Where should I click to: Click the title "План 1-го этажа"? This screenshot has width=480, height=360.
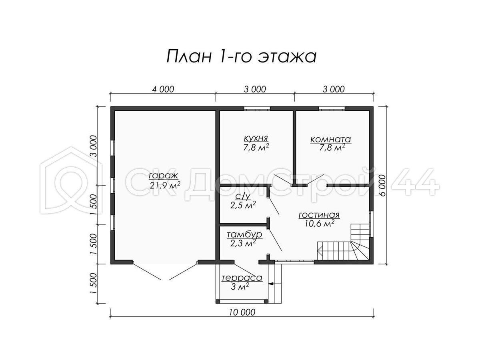[x=242, y=56]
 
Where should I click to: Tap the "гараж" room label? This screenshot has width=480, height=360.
[x=164, y=176]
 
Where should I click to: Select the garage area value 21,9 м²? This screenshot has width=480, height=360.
[x=165, y=185]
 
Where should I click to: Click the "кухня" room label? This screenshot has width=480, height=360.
[x=256, y=138]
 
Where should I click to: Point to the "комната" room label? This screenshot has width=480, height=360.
[x=331, y=139]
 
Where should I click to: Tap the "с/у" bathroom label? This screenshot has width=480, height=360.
[x=242, y=197]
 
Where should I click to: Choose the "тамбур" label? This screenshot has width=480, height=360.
[x=244, y=234]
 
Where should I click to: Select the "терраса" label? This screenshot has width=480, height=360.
[x=242, y=278]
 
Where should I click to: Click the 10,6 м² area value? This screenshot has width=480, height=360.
[x=320, y=223]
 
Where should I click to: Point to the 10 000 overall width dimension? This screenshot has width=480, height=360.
[x=242, y=312]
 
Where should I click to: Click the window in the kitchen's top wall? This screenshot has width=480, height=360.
[x=257, y=109]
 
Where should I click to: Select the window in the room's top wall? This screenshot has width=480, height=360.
[x=332, y=109]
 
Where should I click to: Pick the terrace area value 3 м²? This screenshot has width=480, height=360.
[x=240, y=286]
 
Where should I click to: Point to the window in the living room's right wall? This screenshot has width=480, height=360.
[x=371, y=224]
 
